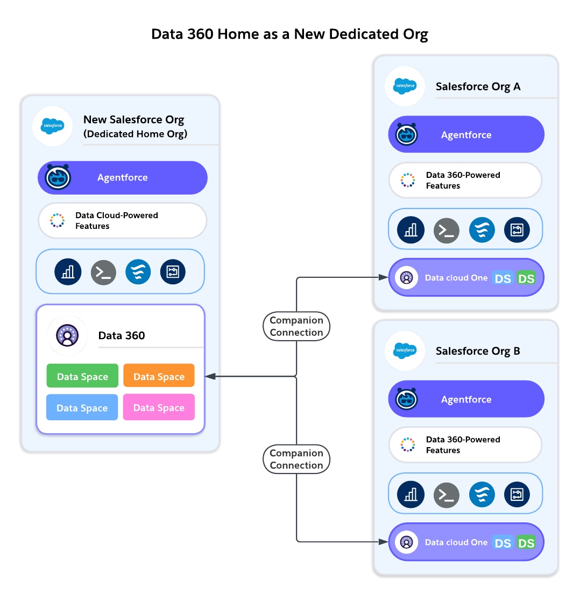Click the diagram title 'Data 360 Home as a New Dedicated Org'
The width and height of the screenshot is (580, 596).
coord(289,34)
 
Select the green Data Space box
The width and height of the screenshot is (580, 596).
coord(82,377)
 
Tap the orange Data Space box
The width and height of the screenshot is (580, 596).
coord(159,377)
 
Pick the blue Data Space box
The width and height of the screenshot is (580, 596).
coord(82,408)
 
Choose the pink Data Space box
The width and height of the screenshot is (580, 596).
coord(159,408)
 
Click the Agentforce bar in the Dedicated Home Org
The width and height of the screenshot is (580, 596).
coord(123,178)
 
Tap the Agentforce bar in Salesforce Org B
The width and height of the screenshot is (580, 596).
coord(466,399)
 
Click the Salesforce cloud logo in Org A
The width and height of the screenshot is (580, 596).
coord(405,86)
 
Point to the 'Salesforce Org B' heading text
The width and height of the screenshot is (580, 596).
coord(478,351)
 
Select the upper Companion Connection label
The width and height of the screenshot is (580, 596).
coord(296,326)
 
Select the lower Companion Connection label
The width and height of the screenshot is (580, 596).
coord(296,459)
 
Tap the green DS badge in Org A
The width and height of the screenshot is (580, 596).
coord(526,278)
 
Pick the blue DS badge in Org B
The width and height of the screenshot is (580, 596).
coord(503,542)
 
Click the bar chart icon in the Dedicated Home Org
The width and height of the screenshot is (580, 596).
coord(68,272)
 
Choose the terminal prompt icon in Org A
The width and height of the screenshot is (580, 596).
coord(447,230)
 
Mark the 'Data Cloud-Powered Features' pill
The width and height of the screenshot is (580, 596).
coord(123,220)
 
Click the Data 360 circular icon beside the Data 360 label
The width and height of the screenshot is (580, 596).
coord(67,335)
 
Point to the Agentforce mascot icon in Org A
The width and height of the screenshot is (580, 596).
coord(407,134)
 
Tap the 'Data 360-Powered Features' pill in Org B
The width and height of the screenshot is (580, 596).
coord(465,445)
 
